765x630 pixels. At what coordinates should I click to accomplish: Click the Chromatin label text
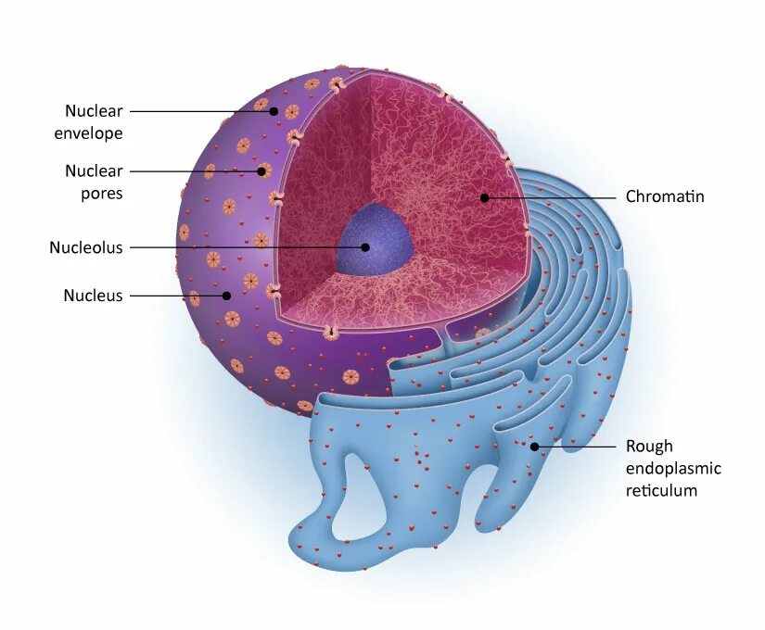tap(665, 196)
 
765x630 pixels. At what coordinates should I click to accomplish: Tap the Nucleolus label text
tap(85, 247)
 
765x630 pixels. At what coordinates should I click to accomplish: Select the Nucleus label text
tap(93, 296)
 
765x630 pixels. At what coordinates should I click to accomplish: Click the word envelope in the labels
tap(88, 133)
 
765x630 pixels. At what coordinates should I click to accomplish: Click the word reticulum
tap(661, 490)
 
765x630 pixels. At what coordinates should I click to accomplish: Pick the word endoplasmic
tap(673, 469)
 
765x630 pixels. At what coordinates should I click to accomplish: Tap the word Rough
tap(649, 447)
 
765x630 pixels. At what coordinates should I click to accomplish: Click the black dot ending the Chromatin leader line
tap(484, 197)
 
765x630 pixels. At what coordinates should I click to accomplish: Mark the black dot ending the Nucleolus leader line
tap(365, 247)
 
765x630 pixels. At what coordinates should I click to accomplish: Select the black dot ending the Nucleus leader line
tap(226, 296)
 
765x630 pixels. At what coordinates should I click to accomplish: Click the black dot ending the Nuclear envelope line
tap(274, 111)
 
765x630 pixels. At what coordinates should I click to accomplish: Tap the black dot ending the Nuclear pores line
tap(261, 170)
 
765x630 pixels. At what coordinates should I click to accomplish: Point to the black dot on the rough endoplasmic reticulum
tap(535, 447)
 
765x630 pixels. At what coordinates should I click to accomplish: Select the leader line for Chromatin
tap(552, 197)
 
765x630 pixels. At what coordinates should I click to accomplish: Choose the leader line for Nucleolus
tap(246, 247)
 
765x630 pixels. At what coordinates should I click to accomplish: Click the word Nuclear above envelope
tap(94, 111)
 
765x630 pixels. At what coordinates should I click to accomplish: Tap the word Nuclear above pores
tap(94, 171)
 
